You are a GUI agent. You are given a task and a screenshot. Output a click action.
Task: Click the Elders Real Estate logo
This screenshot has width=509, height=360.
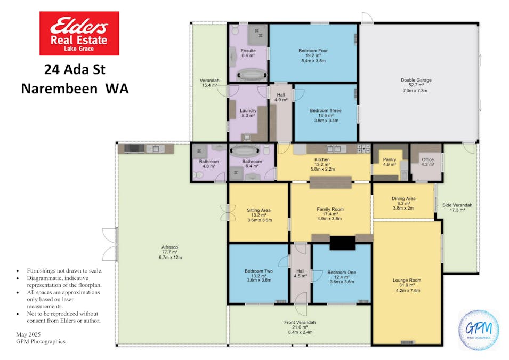(79, 33)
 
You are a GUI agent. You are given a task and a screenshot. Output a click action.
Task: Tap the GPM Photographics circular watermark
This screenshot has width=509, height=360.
(479, 330)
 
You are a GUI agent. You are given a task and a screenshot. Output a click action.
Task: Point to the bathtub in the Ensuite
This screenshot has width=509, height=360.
(252, 75)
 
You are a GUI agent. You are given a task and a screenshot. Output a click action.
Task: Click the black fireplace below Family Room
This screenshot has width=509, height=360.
(342, 243)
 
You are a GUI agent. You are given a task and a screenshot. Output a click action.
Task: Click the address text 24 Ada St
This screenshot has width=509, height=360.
(75, 69)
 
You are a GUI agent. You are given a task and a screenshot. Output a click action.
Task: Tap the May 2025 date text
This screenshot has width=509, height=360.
(29, 334)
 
